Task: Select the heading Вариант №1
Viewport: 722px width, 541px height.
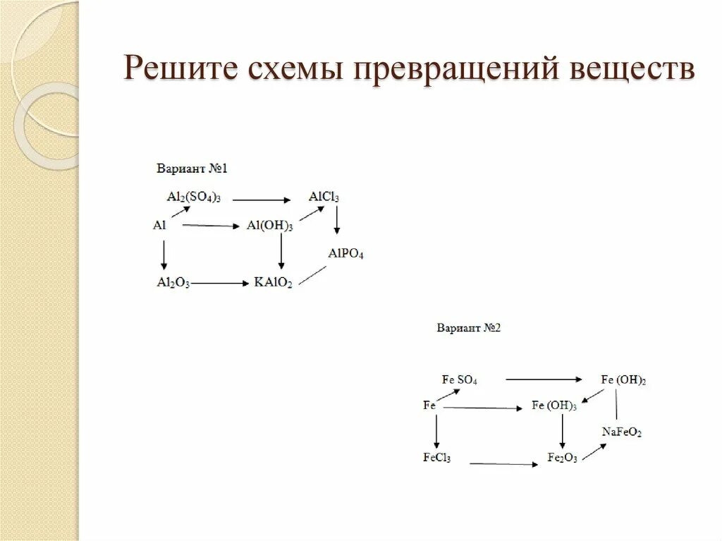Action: pyautogui.click(x=192, y=169)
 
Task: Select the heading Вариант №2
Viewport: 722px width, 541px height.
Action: pyautogui.click(x=468, y=327)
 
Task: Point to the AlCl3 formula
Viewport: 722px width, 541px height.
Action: pyautogui.click(x=324, y=197)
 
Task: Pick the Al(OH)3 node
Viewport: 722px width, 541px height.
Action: pyautogui.click(x=269, y=226)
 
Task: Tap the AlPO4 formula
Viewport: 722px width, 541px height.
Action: pyautogui.click(x=346, y=253)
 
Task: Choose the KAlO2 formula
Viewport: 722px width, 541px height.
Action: pyautogui.click(x=273, y=284)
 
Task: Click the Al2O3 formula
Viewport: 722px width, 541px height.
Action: pyautogui.click(x=173, y=284)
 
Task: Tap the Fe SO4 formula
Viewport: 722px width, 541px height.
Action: pyautogui.click(x=460, y=379)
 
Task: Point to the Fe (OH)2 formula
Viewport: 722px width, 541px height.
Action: pyautogui.click(x=623, y=379)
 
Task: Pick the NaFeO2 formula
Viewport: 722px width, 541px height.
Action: pyautogui.click(x=621, y=432)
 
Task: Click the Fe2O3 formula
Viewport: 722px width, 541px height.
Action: pyautogui.click(x=563, y=458)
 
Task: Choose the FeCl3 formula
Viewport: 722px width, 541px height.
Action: pyautogui.click(x=437, y=458)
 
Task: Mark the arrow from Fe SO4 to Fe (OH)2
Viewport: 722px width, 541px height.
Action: pyautogui.click(x=544, y=379)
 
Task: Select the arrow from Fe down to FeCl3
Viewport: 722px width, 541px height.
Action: pyautogui.click(x=437, y=431)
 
